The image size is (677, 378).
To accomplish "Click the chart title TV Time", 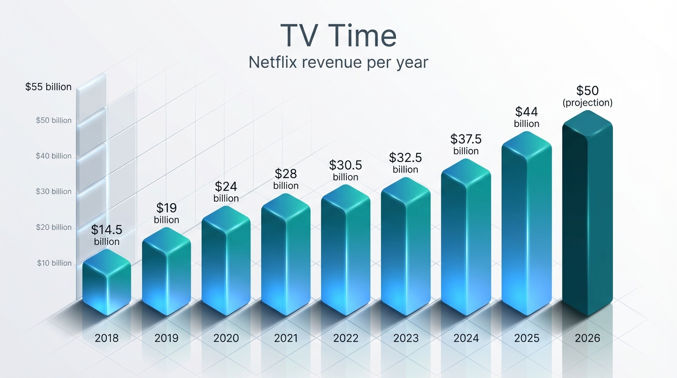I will click(338, 35).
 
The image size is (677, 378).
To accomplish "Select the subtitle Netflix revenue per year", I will click(338, 63).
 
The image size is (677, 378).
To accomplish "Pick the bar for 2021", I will click(286, 256).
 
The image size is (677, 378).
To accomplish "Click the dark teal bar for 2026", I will click(587, 217).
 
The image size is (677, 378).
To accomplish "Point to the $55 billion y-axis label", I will click(48, 87).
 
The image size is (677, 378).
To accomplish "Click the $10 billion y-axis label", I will click(54, 263).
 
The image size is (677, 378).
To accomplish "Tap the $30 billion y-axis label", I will click(54, 191).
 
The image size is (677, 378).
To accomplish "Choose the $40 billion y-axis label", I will click(54, 156).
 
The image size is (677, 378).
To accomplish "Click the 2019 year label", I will click(166, 338).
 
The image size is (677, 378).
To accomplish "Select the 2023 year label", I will click(405, 338).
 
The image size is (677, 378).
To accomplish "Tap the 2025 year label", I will click(526, 338).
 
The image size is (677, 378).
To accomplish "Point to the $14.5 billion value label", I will click(107, 235).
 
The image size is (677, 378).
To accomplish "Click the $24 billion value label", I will click(226, 192).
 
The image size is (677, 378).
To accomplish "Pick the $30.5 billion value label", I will click(345, 170).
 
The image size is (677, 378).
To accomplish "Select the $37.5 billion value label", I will click(466, 144).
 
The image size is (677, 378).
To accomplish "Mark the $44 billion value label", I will click(526, 117).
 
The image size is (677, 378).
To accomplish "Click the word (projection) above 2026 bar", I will click(587, 103).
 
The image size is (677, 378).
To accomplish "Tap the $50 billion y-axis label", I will click(54, 121).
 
